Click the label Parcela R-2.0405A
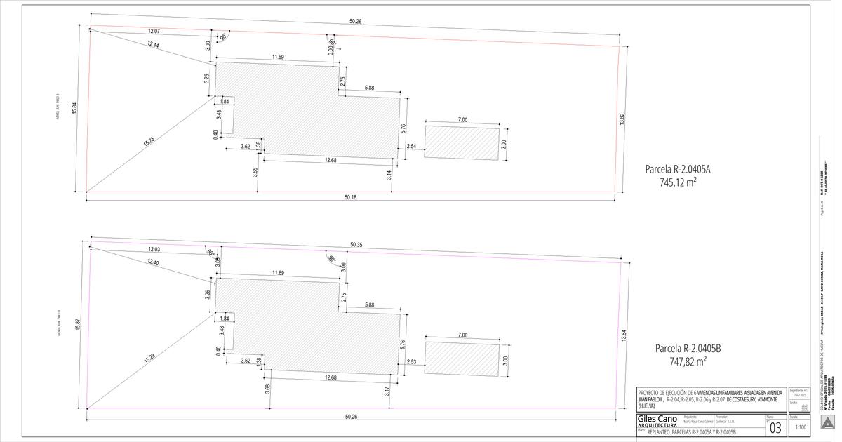point(677,169)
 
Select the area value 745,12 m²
point(677,182)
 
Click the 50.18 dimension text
point(351,198)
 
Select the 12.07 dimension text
point(154,32)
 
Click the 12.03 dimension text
point(157,250)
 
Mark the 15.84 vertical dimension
point(74,109)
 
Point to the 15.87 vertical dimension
point(77,328)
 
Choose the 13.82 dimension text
point(622,119)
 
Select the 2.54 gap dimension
point(411,147)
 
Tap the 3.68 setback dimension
point(267,388)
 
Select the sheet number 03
point(775,427)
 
